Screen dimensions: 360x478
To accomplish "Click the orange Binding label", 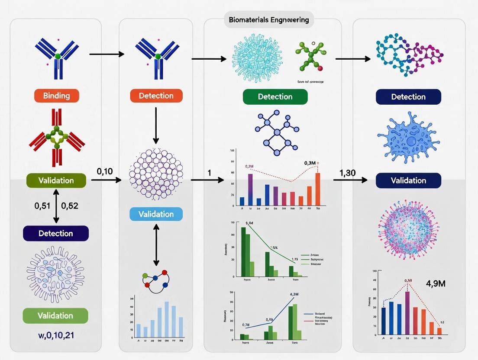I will [x=57, y=96].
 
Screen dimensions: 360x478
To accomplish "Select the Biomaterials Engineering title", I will [x=269, y=19].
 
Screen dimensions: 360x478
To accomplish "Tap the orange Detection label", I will [x=156, y=96].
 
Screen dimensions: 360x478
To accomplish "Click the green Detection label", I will [x=275, y=96].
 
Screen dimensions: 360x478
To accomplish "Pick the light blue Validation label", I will [x=156, y=214].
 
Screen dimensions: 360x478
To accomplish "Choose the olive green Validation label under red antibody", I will [x=56, y=180].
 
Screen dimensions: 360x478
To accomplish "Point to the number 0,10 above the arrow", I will [x=105, y=171].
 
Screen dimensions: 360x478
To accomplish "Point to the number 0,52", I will [x=70, y=206].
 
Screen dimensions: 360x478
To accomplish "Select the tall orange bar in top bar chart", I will [x=318, y=189].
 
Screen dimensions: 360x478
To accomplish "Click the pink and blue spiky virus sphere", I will [x=408, y=229].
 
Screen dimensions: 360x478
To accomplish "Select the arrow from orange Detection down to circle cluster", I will [x=156, y=125].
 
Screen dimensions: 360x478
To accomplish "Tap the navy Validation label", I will [x=408, y=180].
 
